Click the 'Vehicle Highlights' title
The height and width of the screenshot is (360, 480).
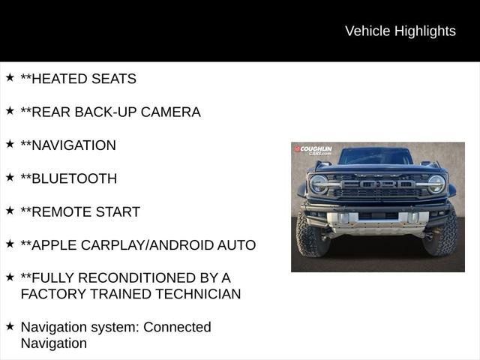pos(400,31)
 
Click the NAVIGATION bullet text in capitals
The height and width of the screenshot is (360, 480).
pos(73,145)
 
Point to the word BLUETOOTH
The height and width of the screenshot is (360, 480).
pos(73,178)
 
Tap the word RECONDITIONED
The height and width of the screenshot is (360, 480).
pos(142,277)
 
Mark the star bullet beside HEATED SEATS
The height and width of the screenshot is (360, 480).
pos(10,77)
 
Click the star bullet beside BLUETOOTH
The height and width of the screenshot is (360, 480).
pos(10,177)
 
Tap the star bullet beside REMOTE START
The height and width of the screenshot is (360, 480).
pos(10,210)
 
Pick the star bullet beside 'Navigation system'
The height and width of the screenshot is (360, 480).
pos(10,325)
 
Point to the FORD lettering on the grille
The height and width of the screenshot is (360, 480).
pos(377,184)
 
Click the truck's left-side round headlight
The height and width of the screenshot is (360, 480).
pos(319,184)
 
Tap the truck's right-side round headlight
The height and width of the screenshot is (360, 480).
pos(436,184)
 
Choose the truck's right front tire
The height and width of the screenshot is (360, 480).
pos(442,235)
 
